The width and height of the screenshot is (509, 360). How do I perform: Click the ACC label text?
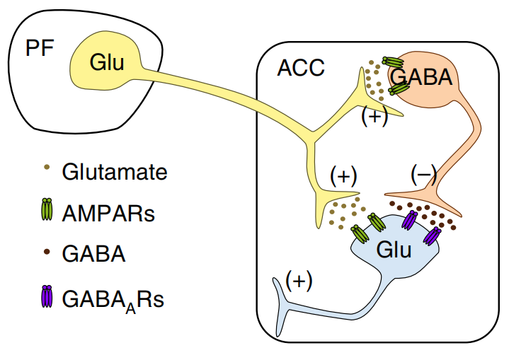300,68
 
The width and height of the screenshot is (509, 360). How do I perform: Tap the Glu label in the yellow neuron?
107,63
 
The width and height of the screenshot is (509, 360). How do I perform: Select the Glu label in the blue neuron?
394,249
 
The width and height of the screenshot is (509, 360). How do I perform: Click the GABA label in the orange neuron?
421,76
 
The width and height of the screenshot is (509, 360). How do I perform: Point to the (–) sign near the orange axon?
425,173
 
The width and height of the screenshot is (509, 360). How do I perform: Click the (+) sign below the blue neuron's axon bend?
298,281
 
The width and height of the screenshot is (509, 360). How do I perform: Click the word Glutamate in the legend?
115,172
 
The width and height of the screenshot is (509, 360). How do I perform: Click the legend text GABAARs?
113,298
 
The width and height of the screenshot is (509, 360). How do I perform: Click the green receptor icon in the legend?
48,210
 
